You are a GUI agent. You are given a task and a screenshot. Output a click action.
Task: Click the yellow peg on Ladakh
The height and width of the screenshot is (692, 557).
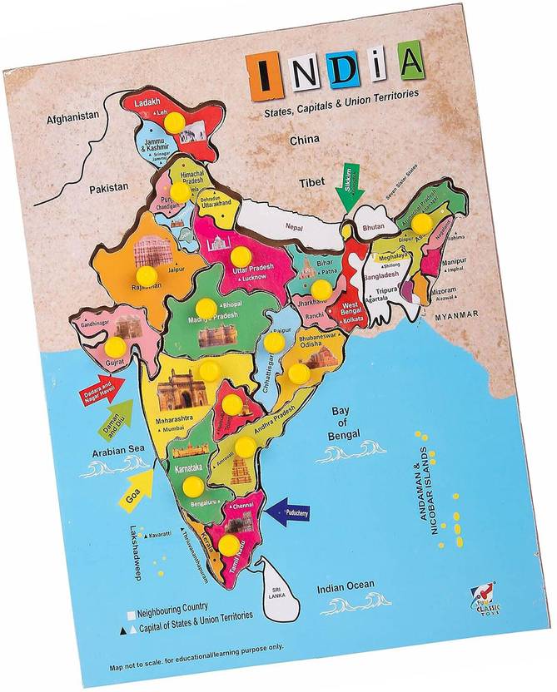(x=175, y=121)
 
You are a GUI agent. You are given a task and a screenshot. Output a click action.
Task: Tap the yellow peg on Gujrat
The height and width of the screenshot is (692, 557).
(x=115, y=345)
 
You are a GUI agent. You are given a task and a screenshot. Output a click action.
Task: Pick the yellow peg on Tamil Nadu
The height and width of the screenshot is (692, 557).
(x=228, y=545)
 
